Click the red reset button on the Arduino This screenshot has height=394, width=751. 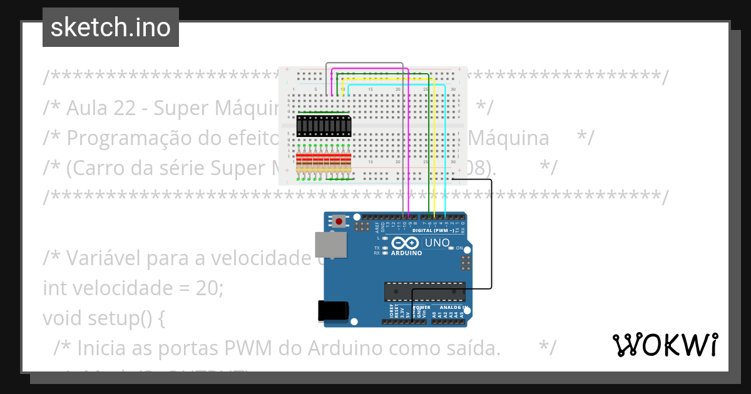click(339, 221)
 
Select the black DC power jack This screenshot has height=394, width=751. click(332, 311)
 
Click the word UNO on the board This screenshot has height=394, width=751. click(437, 243)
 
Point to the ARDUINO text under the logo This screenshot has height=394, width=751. click(406, 253)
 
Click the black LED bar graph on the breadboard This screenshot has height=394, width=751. click(324, 126)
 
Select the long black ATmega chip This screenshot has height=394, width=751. click(424, 292)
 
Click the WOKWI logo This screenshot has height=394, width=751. click(665, 345)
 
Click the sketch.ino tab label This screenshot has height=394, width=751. click(111, 28)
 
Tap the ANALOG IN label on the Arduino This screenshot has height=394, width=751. click(452, 308)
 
